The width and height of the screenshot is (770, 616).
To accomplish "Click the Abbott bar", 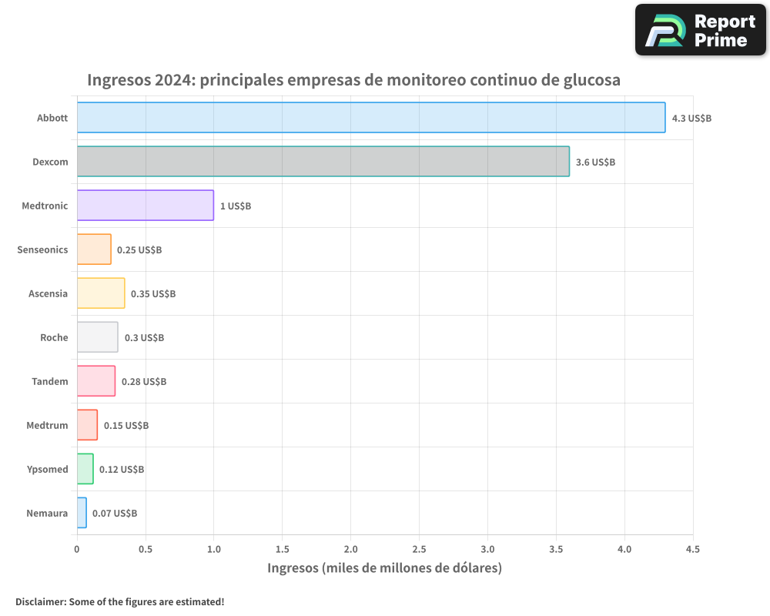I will coord(370,118).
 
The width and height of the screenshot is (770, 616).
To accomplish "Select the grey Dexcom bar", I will coord(323,162).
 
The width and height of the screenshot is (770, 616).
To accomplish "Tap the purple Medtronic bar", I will coord(145,206).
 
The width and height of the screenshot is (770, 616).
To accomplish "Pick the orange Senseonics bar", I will coord(94,249).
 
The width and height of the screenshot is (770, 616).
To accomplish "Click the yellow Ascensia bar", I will coord(101,293).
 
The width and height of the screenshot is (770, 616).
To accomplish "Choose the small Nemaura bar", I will coord(82,513).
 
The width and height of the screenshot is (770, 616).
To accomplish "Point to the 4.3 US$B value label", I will coord(691,119).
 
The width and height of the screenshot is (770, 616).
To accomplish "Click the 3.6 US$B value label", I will coord(595,162).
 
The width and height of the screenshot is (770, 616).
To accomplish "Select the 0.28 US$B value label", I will coord(144,382).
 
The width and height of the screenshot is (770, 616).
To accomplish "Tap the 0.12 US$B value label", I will coord(122,470).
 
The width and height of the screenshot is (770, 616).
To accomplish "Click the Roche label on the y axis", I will coord(54,338).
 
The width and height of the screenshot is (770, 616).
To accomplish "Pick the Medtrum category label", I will coord(47,426).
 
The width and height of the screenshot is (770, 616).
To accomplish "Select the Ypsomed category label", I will coord(47,470).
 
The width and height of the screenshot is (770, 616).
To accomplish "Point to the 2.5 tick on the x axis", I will coord(419,550).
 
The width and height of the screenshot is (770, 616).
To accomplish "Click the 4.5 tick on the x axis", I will coord(692,550).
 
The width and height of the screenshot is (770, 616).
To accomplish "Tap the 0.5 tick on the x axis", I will coord(145,550).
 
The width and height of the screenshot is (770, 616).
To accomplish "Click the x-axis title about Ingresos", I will coord(384,568).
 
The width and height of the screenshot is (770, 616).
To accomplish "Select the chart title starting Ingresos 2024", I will coord(353,80).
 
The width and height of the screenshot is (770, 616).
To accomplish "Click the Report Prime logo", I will coord(700,30).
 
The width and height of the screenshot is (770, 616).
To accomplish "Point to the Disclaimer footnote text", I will coord(120,601).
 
